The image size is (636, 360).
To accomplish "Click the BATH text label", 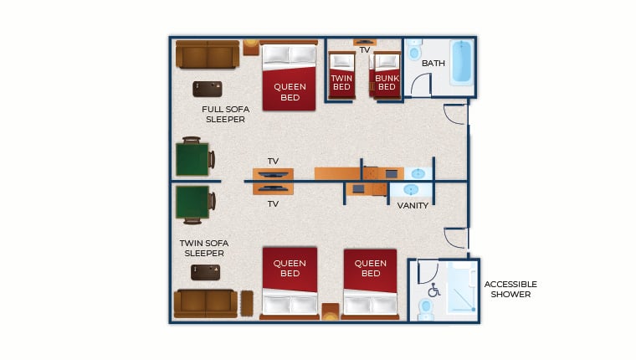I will (433, 64).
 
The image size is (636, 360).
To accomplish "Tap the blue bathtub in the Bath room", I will (461, 62).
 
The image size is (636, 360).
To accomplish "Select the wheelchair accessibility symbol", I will (433, 291).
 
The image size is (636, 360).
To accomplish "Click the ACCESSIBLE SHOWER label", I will (510, 289).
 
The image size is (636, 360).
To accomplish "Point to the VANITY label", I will (413, 205).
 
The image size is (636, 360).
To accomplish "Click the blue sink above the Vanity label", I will (416, 174).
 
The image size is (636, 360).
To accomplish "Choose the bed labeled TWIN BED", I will (341, 75).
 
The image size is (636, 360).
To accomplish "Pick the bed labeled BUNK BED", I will (387, 75).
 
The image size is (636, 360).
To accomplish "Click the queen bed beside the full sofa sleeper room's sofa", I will (289, 76).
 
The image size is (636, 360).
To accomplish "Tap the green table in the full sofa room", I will (193, 157).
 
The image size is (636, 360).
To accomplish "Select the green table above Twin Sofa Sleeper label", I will (193, 203).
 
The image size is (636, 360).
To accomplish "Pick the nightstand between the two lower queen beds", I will (330, 312).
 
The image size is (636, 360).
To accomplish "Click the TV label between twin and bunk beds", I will (364, 50).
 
